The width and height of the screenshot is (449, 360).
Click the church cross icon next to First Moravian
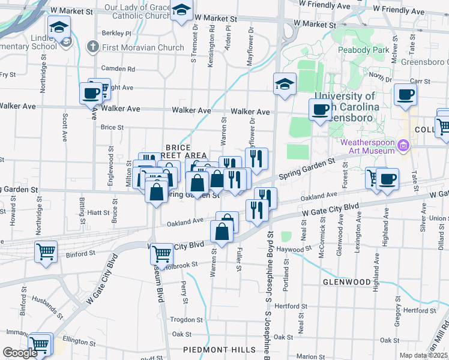pyautogui.click(x=92, y=47)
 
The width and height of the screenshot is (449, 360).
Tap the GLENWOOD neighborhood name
pyautogui.click(x=346, y=281)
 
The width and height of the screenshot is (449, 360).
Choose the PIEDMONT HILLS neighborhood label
pyautogui.click(x=220, y=350)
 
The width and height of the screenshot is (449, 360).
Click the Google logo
pyautogui.click(x=20, y=353)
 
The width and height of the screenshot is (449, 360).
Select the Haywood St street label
pyautogui.click(x=295, y=249)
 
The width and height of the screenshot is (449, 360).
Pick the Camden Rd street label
pyautogui.click(x=118, y=68)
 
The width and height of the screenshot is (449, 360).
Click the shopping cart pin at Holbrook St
pyautogui.click(x=161, y=254)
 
